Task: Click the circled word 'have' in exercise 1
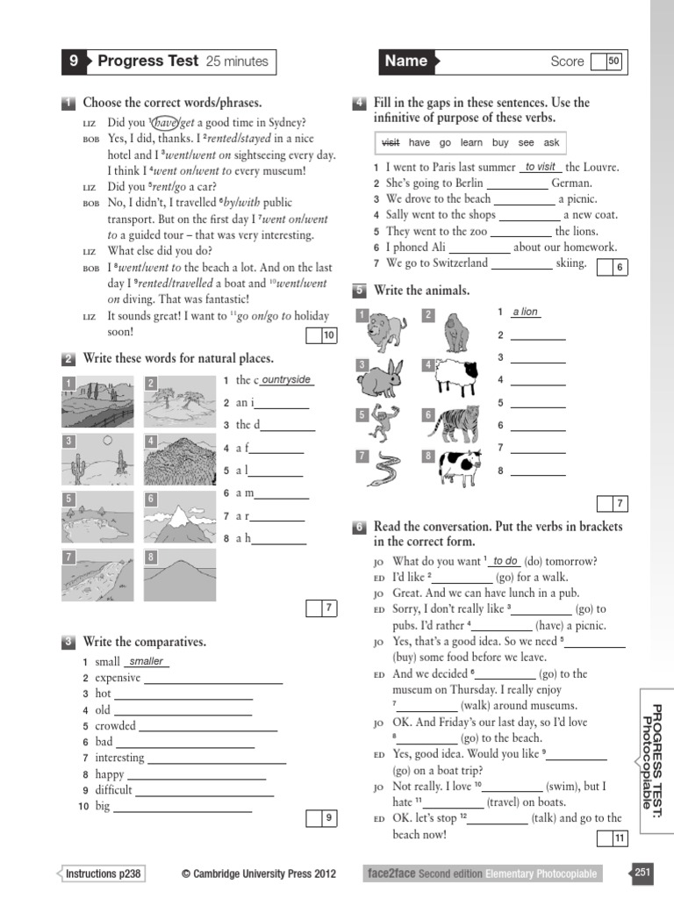click(x=166, y=122)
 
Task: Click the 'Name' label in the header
click(x=405, y=61)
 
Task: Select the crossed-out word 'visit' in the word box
click(x=391, y=142)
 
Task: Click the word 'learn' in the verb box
click(x=471, y=142)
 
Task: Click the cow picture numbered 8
click(x=459, y=469)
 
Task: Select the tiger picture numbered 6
click(x=459, y=424)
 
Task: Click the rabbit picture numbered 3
click(x=384, y=378)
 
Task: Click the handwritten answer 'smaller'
click(x=147, y=661)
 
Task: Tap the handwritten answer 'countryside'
click(x=286, y=379)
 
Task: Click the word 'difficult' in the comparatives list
click(x=113, y=789)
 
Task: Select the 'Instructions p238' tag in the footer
click(x=104, y=874)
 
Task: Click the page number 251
click(x=642, y=872)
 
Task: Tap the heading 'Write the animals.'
click(x=421, y=291)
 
